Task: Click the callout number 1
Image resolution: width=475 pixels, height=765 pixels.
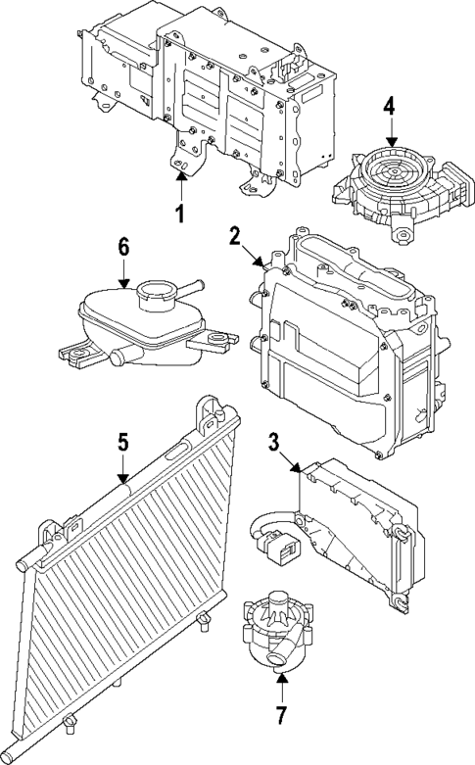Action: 180,214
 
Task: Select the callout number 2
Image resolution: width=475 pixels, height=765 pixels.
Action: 235,235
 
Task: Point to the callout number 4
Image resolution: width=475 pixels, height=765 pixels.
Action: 390,105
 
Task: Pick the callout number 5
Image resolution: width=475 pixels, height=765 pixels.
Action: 122,443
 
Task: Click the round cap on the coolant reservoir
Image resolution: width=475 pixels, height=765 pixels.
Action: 157,291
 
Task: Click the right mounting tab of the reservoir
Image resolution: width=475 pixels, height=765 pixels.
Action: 216,343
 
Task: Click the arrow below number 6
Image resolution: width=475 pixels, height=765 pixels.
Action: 123,274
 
